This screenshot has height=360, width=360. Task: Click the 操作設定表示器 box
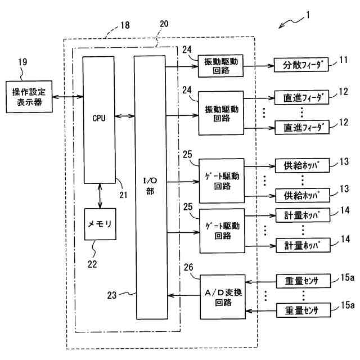tap(28, 97)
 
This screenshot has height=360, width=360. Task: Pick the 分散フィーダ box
tap(300, 65)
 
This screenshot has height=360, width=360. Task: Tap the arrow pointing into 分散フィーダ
tap(259, 65)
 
